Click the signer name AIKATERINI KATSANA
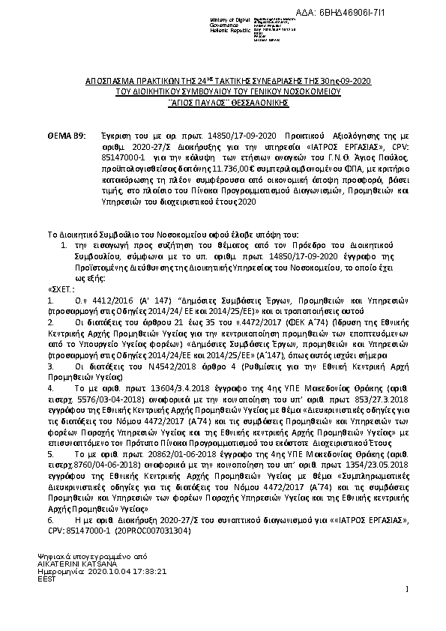75,563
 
